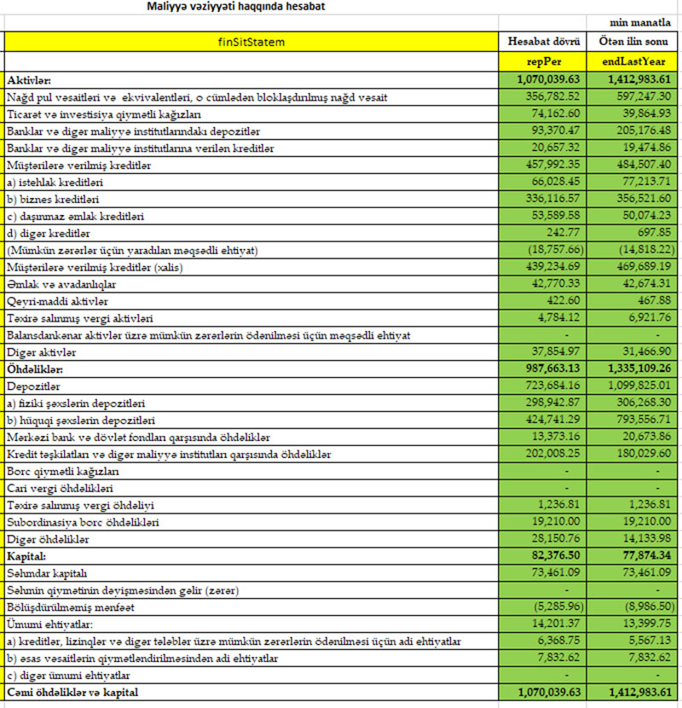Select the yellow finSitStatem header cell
click(251, 40)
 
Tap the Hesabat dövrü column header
click(544, 40)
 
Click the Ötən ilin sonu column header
click(634, 40)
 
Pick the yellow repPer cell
click(544, 62)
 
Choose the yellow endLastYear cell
click(634, 62)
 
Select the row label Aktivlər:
click(29, 79)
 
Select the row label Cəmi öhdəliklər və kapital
click(72, 693)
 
